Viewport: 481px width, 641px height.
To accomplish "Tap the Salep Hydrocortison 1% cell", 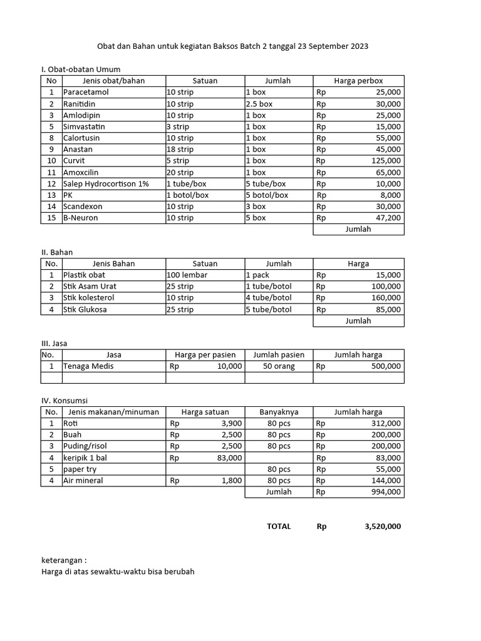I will point(106,183).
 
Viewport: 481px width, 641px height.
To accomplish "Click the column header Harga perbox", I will point(358,81).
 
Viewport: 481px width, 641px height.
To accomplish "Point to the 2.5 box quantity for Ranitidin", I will point(259,104).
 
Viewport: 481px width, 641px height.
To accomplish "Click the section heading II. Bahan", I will point(57,252).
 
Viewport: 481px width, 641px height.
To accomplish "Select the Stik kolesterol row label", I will point(89,297).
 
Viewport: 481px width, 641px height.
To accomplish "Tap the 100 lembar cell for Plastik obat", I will point(187,275).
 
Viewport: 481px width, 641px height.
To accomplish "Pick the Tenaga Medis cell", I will point(88,366).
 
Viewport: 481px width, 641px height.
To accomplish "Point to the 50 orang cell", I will point(279,366).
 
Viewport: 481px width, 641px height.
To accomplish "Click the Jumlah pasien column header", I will point(279,354).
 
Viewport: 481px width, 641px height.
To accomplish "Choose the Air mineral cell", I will point(83,481).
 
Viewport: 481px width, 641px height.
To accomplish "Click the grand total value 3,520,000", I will point(382,526).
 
